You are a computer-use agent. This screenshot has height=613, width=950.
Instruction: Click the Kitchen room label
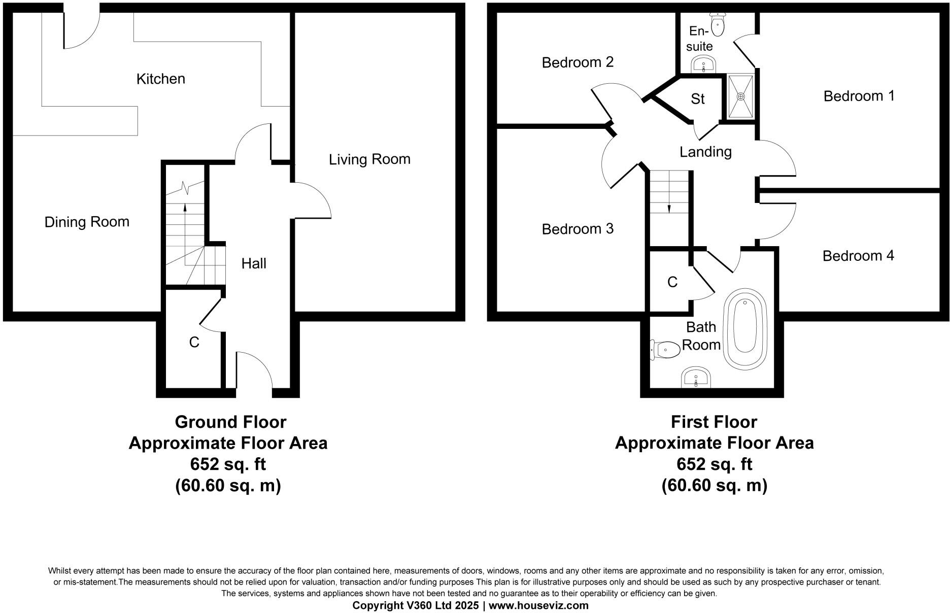160,79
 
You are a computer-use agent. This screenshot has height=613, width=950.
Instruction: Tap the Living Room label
369,159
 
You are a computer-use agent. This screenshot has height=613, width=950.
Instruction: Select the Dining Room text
87,222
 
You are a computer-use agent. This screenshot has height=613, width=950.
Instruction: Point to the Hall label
254,263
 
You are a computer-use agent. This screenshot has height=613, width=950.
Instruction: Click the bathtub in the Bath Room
745,329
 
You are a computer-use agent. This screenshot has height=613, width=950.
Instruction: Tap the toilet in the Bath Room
666,350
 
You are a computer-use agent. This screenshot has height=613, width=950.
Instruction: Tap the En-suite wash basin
703,65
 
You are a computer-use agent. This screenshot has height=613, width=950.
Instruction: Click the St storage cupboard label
698,99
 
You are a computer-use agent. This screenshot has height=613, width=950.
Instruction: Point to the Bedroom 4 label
858,256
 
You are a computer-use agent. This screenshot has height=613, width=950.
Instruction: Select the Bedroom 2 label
578,62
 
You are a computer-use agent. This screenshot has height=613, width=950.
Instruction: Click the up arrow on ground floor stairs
184,207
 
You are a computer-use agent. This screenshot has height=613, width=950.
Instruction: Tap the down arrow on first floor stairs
669,208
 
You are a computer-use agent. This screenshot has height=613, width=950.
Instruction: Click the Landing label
705,152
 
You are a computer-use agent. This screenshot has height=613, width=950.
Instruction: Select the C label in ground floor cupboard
194,343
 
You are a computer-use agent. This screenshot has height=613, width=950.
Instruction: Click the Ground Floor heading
230,422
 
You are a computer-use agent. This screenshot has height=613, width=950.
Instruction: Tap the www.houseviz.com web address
538,605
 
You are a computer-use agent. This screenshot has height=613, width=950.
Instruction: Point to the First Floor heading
714,422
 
